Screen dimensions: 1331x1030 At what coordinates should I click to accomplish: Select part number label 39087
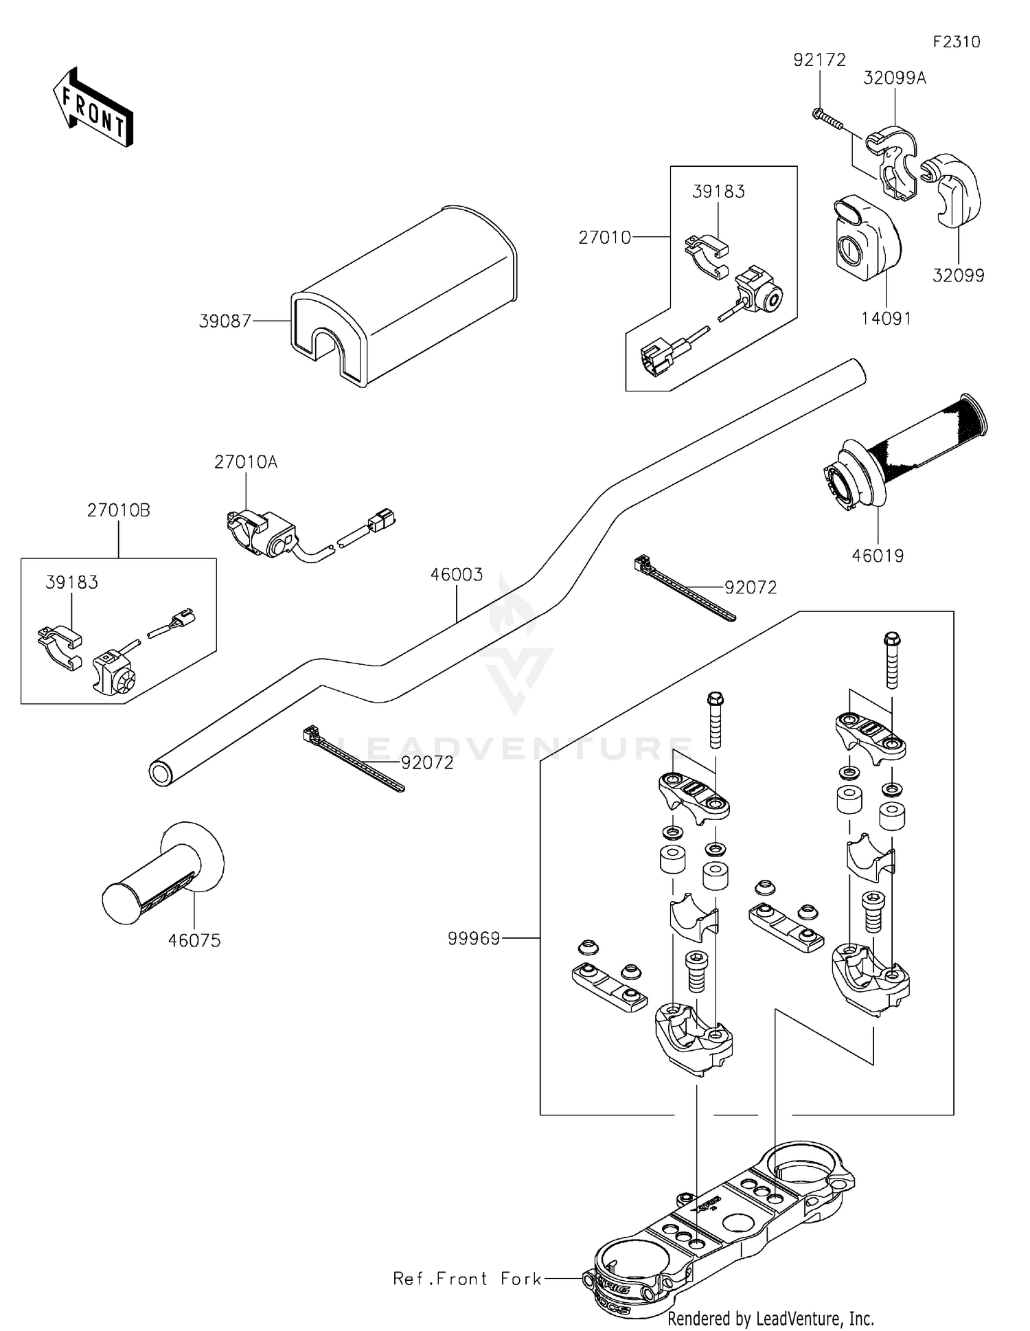coord(225,321)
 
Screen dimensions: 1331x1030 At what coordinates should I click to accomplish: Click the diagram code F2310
coord(957,42)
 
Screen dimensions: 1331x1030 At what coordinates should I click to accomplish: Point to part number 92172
coord(819,60)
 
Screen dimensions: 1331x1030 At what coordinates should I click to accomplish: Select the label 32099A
coord(894,78)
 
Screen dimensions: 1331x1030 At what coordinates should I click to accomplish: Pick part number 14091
coord(886,319)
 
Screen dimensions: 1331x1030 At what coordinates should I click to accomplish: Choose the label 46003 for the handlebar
coord(457,574)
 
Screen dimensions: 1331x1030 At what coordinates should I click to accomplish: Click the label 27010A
coord(245,462)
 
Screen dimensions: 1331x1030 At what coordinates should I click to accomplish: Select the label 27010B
coord(118,510)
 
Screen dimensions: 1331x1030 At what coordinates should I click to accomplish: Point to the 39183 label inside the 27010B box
coord(71,582)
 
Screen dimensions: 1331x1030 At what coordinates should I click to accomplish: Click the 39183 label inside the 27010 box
coord(718,192)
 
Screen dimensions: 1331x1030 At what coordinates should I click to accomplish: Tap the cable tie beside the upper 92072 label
coord(683,589)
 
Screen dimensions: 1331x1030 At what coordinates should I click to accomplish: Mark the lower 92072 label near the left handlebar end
coord(427,763)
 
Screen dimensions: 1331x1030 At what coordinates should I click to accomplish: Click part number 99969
coord(474,938)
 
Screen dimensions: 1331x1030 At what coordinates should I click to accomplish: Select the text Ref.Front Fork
coord(467,1279)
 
